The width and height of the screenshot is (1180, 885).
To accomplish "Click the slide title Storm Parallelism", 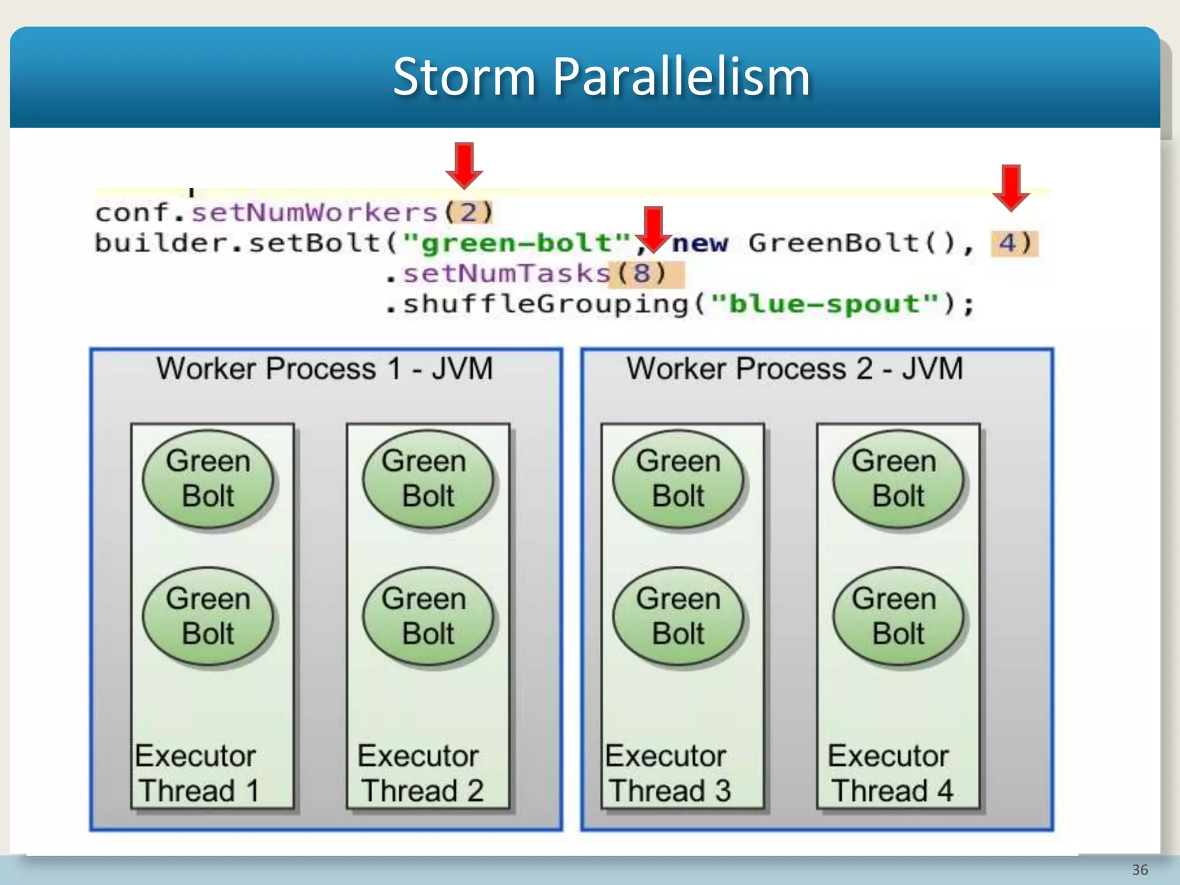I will [x=601, y=77].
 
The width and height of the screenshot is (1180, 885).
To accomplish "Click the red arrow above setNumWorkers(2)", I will [x=464, y=166].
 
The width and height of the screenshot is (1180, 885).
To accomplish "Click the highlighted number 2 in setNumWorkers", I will [x=468, y=213].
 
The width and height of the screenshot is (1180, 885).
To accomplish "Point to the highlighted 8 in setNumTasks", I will [x=642, y=273].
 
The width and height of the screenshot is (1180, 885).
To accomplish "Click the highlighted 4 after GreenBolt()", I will [x=1007, y=243].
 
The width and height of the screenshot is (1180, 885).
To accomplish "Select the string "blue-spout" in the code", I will [x=825, y=304].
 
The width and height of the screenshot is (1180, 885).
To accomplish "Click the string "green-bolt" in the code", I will [x=517, y=243].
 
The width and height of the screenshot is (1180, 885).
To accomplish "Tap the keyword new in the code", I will [x=700, y=243].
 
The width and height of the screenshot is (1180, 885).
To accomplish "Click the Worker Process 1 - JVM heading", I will [x=325, y=369].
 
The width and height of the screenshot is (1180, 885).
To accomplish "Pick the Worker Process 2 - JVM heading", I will [x=795, y=369].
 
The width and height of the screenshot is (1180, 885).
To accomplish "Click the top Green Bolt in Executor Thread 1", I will [x=208, y=479].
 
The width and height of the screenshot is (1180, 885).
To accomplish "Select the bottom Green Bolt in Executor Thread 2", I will [x=428, y=616].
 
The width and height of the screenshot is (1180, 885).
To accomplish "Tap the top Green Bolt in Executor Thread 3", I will [x=678, y=479].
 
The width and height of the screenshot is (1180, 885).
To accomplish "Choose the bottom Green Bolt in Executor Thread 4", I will [x=898, y=616].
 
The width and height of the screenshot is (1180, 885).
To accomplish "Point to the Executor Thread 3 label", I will [x=668, y=773].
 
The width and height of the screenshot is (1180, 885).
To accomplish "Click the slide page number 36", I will [x=1140, y=869].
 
